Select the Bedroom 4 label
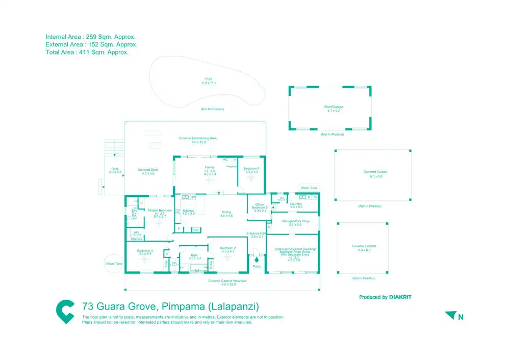click(251, 169)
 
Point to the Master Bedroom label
click(160, 211)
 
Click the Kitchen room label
click(188, 211)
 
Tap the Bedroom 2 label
click(227, 248)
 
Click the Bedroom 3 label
click(145, 250)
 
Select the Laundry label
click(296, 204)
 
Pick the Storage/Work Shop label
click(299, 221)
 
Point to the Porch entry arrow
click(257, 259)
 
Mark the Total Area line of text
click(87, 52)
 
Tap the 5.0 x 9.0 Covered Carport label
click(372, 172)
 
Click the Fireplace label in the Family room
click(231, 166)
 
